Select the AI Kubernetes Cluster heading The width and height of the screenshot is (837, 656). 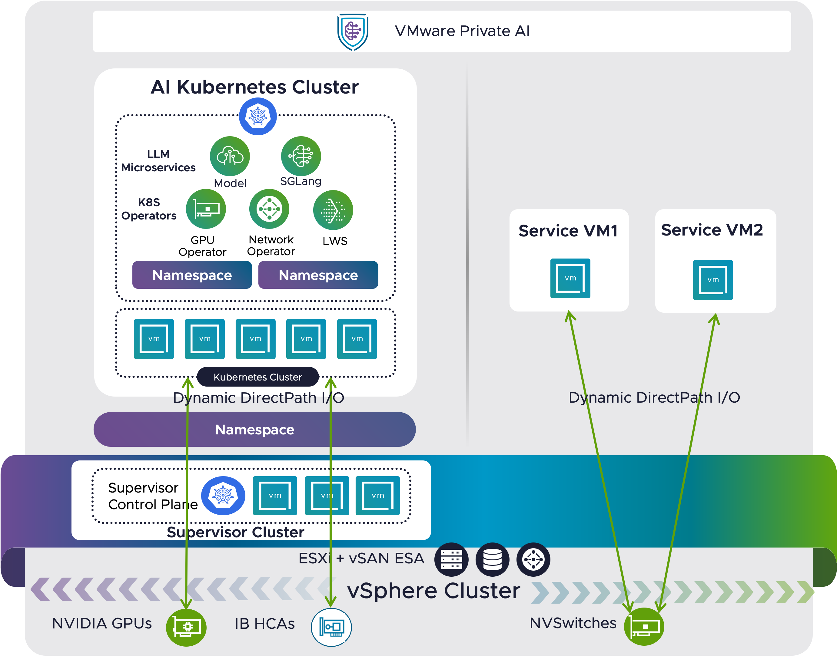coord(254,87)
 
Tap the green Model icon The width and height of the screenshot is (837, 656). coord(230,156)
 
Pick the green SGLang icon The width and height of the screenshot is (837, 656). coord(301,156)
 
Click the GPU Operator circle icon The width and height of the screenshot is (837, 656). coord(206,209)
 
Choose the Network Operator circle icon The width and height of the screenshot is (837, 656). coord(269,209)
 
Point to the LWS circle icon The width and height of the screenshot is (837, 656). coord(333,210)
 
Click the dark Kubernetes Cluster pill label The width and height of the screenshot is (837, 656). coord(257,377)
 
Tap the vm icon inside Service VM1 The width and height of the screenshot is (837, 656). coord(570,278)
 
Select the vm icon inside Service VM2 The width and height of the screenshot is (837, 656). coord(713,280)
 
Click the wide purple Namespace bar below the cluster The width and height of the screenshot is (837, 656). coord(254,429)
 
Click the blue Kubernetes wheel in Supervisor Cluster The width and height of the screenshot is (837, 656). coord(223,496)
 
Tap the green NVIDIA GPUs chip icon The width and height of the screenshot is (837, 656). coord(186,627)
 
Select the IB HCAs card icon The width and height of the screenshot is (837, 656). coord(331,627)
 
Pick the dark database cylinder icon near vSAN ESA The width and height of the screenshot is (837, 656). coord(492,559)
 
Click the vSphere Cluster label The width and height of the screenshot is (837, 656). coord(433,591)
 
